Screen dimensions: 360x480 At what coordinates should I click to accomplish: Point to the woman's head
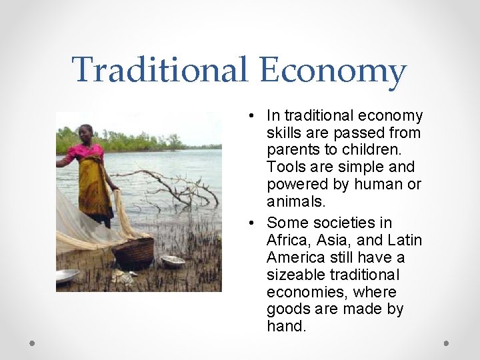(x=86, y=131)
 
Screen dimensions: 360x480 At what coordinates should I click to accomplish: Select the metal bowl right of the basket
(x=172, y=261)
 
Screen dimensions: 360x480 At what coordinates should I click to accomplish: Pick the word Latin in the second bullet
(x=404, y=240)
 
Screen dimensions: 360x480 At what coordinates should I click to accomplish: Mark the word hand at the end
(x=285, y=327)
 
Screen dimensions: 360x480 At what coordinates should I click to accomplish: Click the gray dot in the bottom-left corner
(x=33, y=343)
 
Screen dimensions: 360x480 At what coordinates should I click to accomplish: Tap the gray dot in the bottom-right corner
(x=447, y=343)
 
